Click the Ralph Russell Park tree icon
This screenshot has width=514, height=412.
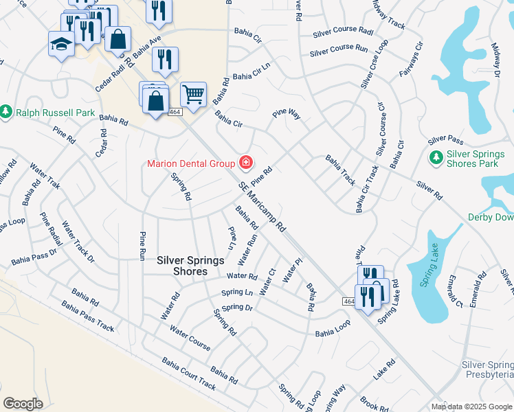6,111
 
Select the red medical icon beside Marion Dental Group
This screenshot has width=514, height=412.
245,163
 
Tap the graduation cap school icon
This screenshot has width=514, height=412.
60,44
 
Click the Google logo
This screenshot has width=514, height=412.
23,403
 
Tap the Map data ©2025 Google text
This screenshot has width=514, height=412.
471,407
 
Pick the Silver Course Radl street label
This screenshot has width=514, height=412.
342,32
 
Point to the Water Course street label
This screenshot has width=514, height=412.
190,338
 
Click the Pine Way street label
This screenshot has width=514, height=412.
287,113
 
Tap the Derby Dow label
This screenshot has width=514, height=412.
490,217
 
